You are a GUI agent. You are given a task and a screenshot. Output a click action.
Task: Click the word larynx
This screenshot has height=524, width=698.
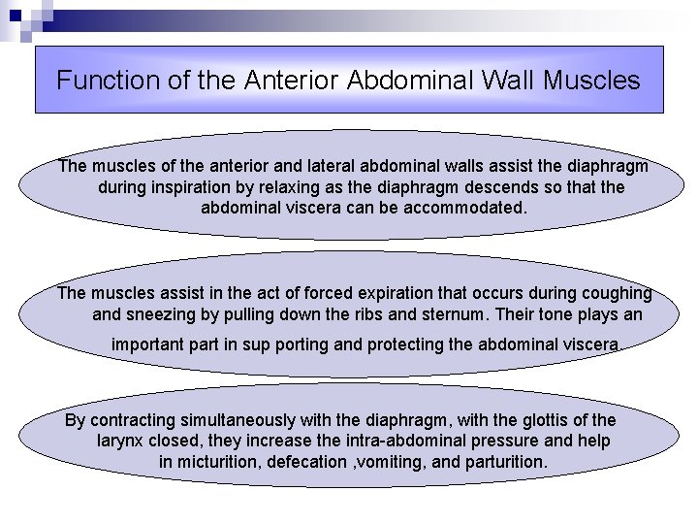[x=121, y=441]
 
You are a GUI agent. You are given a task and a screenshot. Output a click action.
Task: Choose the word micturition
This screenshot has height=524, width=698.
[x=218, y=462]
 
